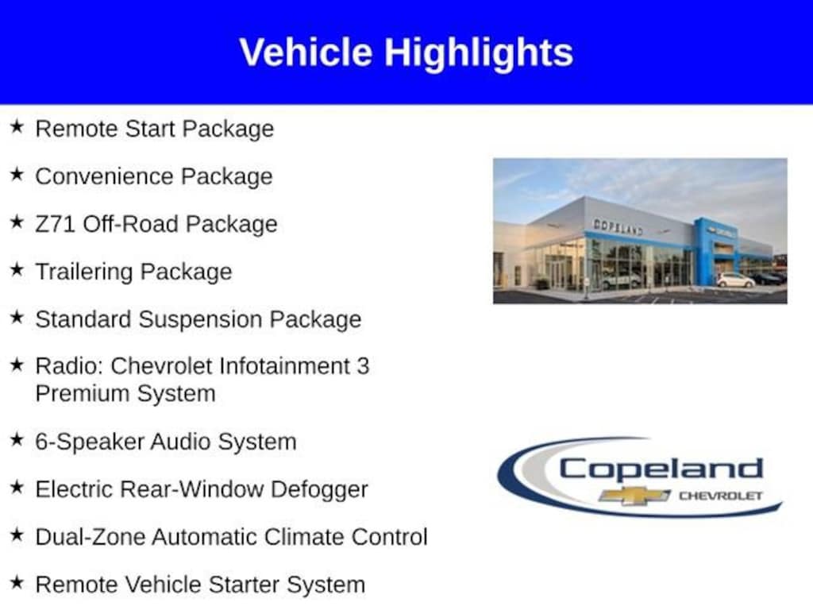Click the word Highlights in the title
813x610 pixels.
pyautogui.click(x=479, y=53)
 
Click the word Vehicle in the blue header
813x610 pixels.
pyautogui.click(x=306, y=52)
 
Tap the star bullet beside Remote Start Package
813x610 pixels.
pyautogui.click(x=17, y=126)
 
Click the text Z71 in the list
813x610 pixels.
pyautogui.click(x=55, y=224)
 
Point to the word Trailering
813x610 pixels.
pyautogui.click(x=84, y=272)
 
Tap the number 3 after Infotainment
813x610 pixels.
pyautogui.click(x=363, y=366)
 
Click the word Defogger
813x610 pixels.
pyautogui.click(x=319, y=490)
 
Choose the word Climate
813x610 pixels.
pyautogui.click(x=304, y=537)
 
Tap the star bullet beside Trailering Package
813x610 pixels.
pyautogui.click(x=17, y=269)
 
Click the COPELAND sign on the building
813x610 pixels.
pyautogui.click(x=618, y=226)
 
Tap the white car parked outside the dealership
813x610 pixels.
pyautogui.click(x=735, y=280)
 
